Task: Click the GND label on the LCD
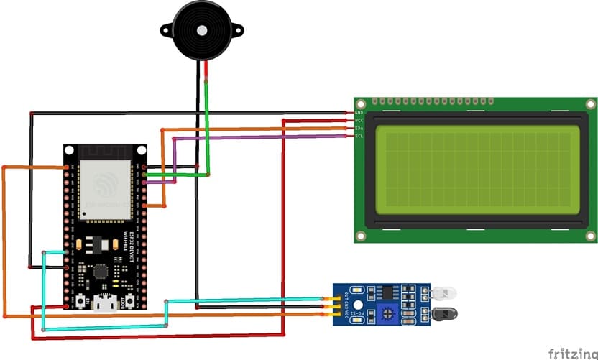[359, 113]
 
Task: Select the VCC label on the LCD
[359, 120]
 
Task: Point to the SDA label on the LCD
[359, 128]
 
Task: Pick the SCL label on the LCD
[359, 136]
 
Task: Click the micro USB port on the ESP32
[107, 305]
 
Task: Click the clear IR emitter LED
[445, 293]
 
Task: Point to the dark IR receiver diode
[444, 313]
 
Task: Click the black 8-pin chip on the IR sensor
[388, 291]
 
